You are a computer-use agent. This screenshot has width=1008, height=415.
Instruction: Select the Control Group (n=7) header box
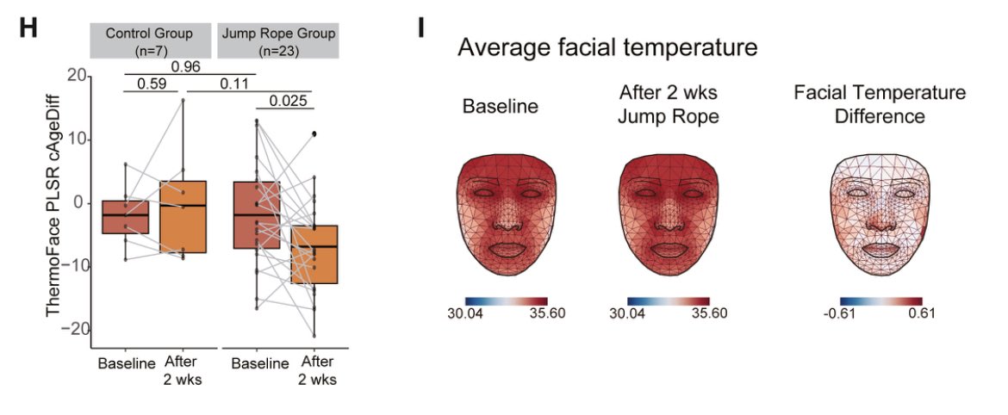150,40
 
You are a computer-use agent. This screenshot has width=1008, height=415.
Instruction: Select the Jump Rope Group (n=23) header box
277,40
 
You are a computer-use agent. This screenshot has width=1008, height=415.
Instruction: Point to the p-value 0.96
186,66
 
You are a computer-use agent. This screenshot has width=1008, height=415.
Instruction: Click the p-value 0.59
150,84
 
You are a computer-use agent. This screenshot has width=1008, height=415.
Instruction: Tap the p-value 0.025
287,102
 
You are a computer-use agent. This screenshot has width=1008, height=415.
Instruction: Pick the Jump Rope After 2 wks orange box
313,254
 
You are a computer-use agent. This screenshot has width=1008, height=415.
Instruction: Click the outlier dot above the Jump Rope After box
314,134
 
